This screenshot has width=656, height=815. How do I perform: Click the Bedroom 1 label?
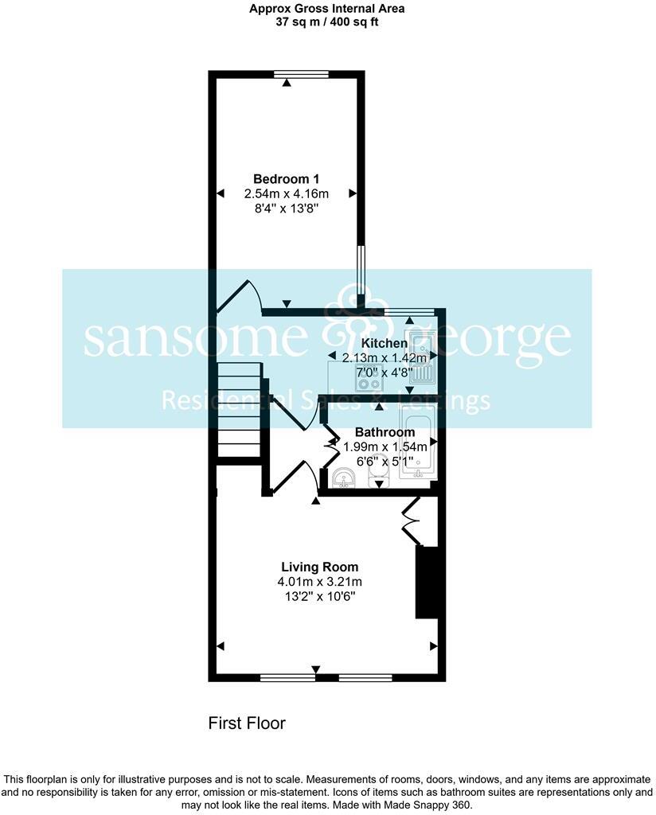click(286, 178)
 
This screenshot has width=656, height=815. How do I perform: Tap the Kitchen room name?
click(385, 343)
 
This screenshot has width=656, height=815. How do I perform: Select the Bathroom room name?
click(385, 432)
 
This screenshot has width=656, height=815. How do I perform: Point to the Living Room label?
click(319, 567)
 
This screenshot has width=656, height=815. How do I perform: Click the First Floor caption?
click(246, 723)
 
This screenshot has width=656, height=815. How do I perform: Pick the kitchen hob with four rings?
click(369, 384)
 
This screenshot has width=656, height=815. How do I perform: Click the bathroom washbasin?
click(343, 478)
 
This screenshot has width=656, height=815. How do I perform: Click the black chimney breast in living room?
click(428, 582)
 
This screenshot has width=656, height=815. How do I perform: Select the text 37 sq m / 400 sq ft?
click(327, 22)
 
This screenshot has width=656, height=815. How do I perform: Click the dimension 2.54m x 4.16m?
click(286, 193)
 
